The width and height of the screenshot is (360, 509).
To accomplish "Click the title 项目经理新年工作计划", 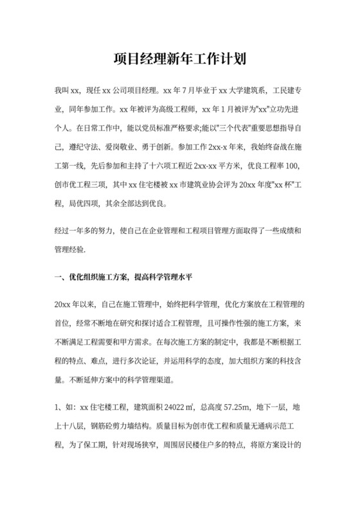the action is point(180,60).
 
